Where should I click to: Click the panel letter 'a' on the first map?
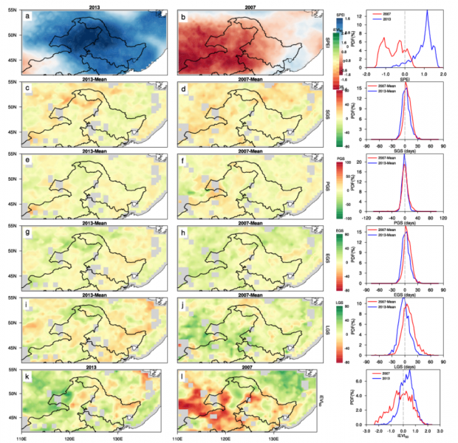click(x=27, y=16)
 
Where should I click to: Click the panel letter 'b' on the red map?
click(x=183, y=16)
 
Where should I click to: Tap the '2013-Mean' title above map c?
click(x=91, y=79)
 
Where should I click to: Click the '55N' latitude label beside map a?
click(x=13, y=10)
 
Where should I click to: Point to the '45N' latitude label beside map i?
click(x=13, y=347)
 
